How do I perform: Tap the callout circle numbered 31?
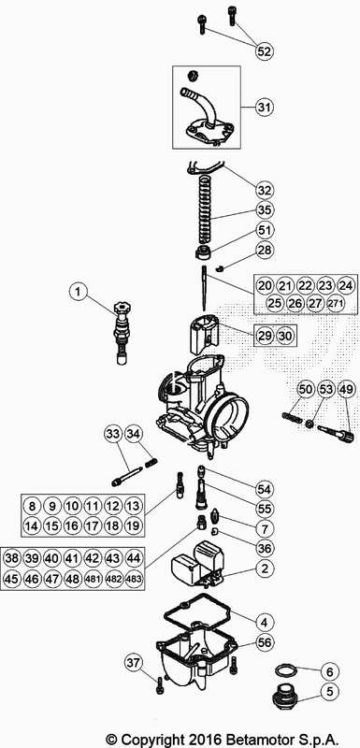[x=264, y=107]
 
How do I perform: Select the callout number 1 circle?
[x=80, y=293]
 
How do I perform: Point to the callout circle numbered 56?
[x=265, y=643]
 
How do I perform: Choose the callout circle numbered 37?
[x=135, y=663]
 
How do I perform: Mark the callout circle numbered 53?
[x=325, y=389]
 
